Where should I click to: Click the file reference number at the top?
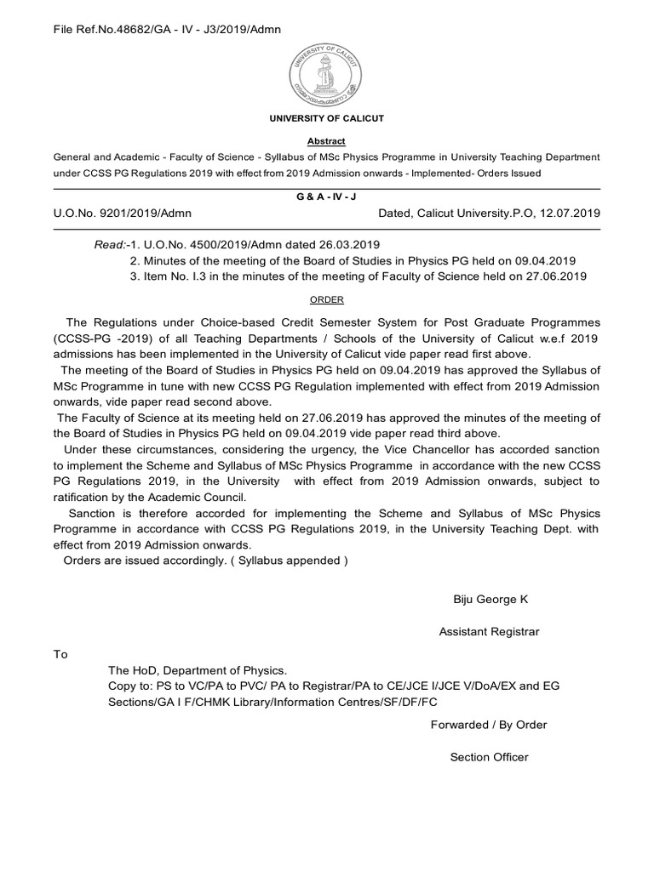167,30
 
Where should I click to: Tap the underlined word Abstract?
327,141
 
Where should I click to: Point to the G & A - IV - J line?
327,196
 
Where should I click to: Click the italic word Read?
108,245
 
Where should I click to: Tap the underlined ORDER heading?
327,299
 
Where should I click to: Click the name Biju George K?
490,599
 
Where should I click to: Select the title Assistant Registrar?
489,631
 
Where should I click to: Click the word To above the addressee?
60,654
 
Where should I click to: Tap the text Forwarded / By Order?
489,725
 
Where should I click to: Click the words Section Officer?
489,757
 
